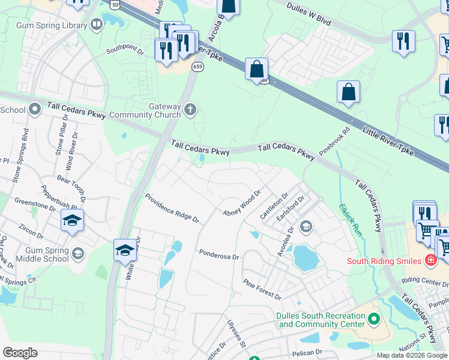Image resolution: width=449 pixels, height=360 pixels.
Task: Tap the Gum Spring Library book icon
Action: tap(97, 25)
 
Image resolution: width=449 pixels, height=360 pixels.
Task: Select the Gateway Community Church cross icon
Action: tap(190, 110)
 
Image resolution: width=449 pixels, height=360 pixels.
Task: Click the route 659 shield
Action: tap(197, 67)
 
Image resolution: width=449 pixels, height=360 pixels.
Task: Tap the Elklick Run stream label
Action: tap(351, 220)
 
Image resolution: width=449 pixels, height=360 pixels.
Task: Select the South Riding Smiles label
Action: tap(384, 261)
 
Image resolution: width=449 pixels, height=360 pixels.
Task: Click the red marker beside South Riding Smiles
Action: tap(430, 260)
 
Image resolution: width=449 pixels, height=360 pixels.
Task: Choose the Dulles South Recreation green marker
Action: tap(375, 317)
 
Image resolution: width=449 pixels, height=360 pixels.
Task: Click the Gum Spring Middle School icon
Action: tap(77, 254)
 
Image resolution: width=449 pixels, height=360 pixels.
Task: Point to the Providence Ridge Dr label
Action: tap(172, 208)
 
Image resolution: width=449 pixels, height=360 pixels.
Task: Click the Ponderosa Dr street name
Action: tap(219, 254)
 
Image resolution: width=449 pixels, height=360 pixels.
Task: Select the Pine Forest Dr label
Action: tap(262, 289)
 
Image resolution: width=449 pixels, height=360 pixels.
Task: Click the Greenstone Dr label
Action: tap(35, 205)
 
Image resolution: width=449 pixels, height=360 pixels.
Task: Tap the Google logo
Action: tap(20, 352)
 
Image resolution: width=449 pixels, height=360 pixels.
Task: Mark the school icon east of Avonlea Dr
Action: tap(306, 226)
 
